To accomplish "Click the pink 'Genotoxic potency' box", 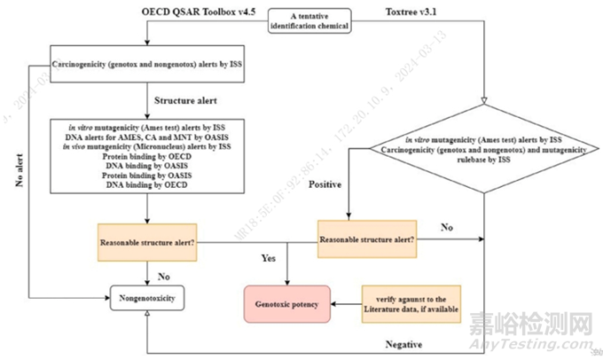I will pyautogui.click(x=281, y=303).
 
